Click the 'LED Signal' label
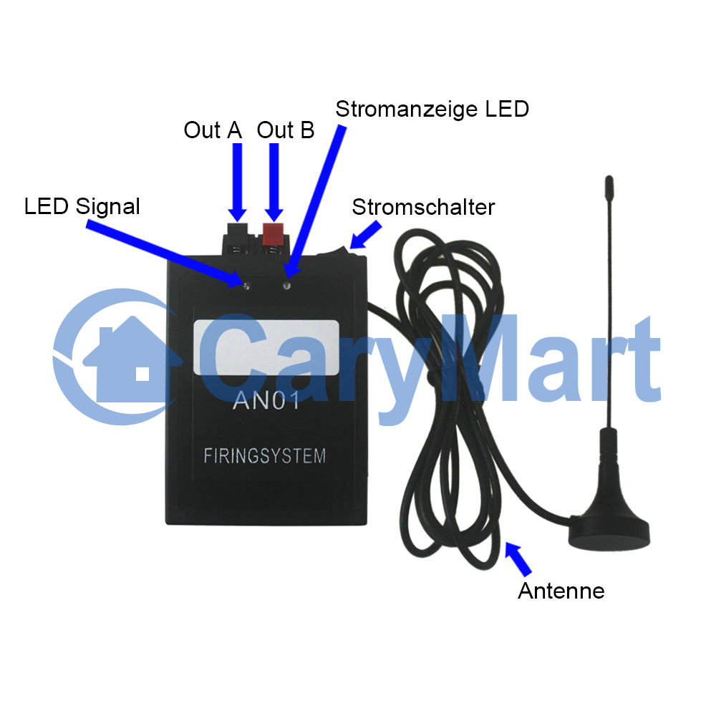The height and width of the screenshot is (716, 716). pyautogui.click(x=82, y=206)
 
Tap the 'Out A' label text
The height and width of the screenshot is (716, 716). pyautogui.click(x=213, y=130)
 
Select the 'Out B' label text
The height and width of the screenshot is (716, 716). pyautogui.click(x=286, y=130)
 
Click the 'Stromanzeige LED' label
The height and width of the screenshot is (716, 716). pyautogui.click(x=432, y=109)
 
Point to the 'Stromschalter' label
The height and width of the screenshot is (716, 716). pyautogui.click(x=423, y=208)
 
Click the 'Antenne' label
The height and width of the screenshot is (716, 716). pyautogui.click(x=561, y=591)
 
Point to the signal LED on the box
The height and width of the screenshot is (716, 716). pyautogui.click(x=246, y=286)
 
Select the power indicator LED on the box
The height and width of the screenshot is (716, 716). pyautogui.click(x=287, y=286)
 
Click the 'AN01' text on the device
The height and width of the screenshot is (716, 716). pyautogui.click(x=266, y=401)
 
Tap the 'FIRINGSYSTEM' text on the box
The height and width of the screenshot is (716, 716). pyautogui.click(x=264, y=455)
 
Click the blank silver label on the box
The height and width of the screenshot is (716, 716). pyautogui.click(x=266, y=347)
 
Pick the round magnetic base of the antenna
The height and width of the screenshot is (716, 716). pyautogui.click(x=609, y=532)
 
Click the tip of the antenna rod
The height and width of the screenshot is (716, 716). pyautogui.click(x=609, y=177)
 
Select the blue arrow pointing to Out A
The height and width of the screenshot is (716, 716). pyautogui.click(x=238, y=183)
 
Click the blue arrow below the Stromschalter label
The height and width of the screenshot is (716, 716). pyautogui.click(x=365, y=235)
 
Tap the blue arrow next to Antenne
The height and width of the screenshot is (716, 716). pyautogui.click(x=518, y=558)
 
